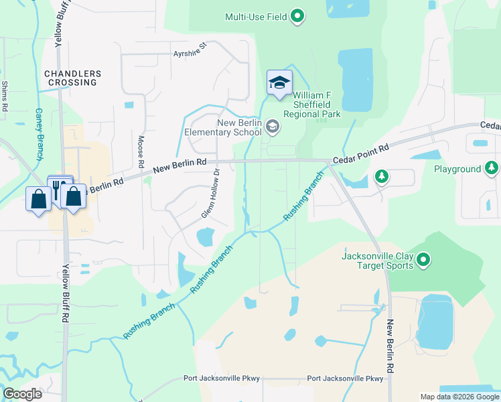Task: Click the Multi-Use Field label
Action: click(256, 16)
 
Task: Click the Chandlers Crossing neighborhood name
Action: click(72, 78)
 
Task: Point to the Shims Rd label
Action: click(5, 96)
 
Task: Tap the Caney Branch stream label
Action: click(39, 128)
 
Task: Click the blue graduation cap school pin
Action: click(279, 83)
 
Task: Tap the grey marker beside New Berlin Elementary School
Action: click(273, 126)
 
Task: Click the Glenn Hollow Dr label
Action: click(211, 194)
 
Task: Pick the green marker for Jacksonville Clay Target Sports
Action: click(423, 259)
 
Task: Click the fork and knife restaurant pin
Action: click(58, 190)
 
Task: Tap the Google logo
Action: click(22, 394)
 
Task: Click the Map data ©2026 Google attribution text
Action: click(459, 397)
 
